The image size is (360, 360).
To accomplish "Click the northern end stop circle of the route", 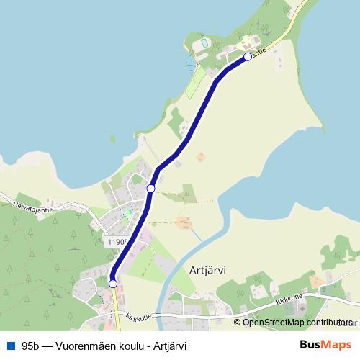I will click(x=248, y=56).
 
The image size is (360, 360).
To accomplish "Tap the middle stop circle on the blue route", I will click(x=150, y=189).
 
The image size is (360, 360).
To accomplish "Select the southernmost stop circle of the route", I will click(x=113, y=284).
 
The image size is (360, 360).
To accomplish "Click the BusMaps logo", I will click(x=325, y=345).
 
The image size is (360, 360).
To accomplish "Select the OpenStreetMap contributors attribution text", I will click(x=294, y=323).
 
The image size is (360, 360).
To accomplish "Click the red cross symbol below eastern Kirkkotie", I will click(x=302, y=309).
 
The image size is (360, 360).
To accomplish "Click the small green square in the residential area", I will click(x=128, y=213).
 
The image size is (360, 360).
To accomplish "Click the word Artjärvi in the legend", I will click(x=171, y=346).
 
